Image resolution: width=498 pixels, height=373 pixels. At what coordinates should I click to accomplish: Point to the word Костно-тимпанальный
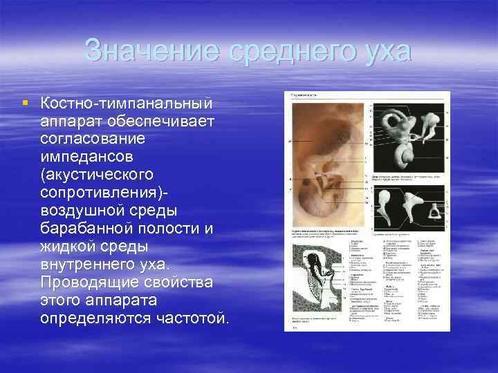point(127,104)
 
